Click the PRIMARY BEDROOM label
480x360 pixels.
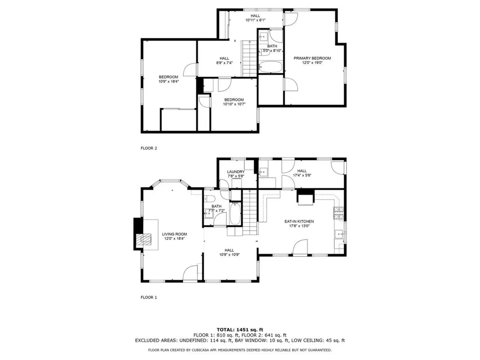(312, 58)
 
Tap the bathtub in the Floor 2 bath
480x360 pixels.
(270, 67)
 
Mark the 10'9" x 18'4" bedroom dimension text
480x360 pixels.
(168, 81)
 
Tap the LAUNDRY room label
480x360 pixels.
(236, 172)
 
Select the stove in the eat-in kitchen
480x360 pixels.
(338, 214)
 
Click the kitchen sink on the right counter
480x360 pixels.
(338, 234)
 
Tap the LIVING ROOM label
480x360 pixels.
(174, 234)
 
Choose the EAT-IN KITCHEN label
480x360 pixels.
(299, 221)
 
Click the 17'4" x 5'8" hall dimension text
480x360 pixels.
(302, 175)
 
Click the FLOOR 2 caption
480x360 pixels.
(149, 148)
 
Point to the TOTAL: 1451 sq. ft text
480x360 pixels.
(240, 329)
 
